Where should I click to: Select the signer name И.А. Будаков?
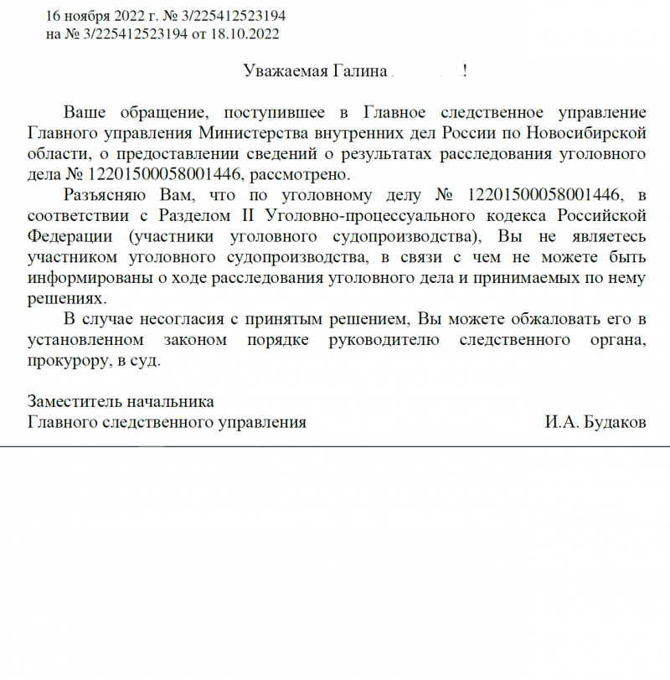(595, 423)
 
